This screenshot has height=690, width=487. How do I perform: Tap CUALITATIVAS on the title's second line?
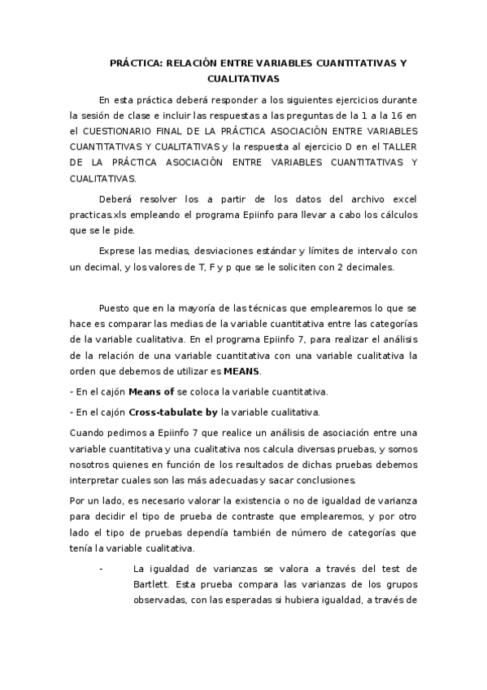pyautogui.click(x=243, y=79)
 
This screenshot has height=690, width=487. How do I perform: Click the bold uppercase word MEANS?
pyautogui.click(x=242, y=371)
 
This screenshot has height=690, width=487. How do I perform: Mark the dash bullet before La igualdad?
pyautogui.click(x=101, y=568)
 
